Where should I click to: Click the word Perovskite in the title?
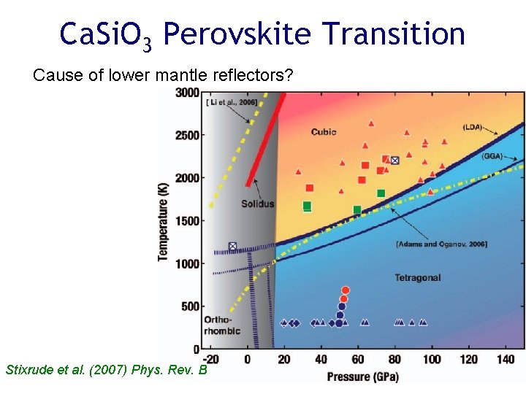(x=237, y=34)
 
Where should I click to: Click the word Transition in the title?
(x=394, y=34)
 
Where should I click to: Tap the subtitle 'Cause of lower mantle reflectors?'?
(x=163, y=74)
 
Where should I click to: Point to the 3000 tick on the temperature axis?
(x=188, y=92)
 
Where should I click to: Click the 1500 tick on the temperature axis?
(x=188, y=221)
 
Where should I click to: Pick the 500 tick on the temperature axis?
(x=191, y=306)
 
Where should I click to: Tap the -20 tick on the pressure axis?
(x=210, y=359)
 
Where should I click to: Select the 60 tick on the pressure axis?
(x=357, y=359)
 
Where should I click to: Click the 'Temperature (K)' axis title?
(x=163, y=221)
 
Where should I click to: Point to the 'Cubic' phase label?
(x=324, y=132)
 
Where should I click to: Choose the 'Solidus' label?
(x=257, y=204)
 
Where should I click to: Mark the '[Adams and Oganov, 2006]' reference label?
(x=441, y=244)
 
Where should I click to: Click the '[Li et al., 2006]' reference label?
(x=231, y=103)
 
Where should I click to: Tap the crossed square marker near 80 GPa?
(x=394, y=160)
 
